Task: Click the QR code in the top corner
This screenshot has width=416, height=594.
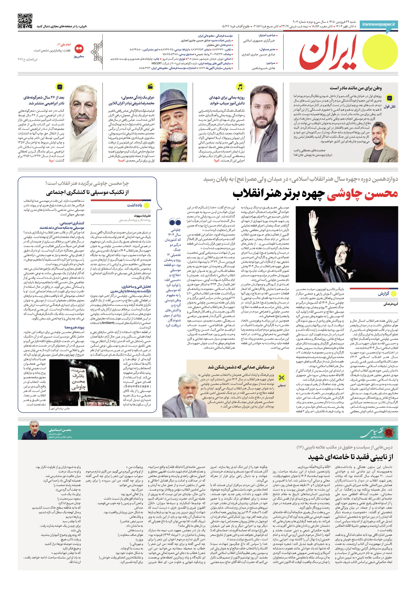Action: tap(25, 21)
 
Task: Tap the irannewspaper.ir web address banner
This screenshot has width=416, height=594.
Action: tap(379, 24)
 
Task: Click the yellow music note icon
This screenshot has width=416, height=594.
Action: tap(240, 87)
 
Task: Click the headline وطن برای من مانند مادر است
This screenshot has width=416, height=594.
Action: tap(355, 88)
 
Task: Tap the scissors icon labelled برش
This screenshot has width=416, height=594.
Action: tap(282, 378)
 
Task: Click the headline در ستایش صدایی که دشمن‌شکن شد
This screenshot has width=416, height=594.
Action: tap(241, 367)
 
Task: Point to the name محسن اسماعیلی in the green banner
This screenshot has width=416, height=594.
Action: tap(60, 430)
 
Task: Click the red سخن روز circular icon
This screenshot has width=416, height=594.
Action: tap(79, 49)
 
